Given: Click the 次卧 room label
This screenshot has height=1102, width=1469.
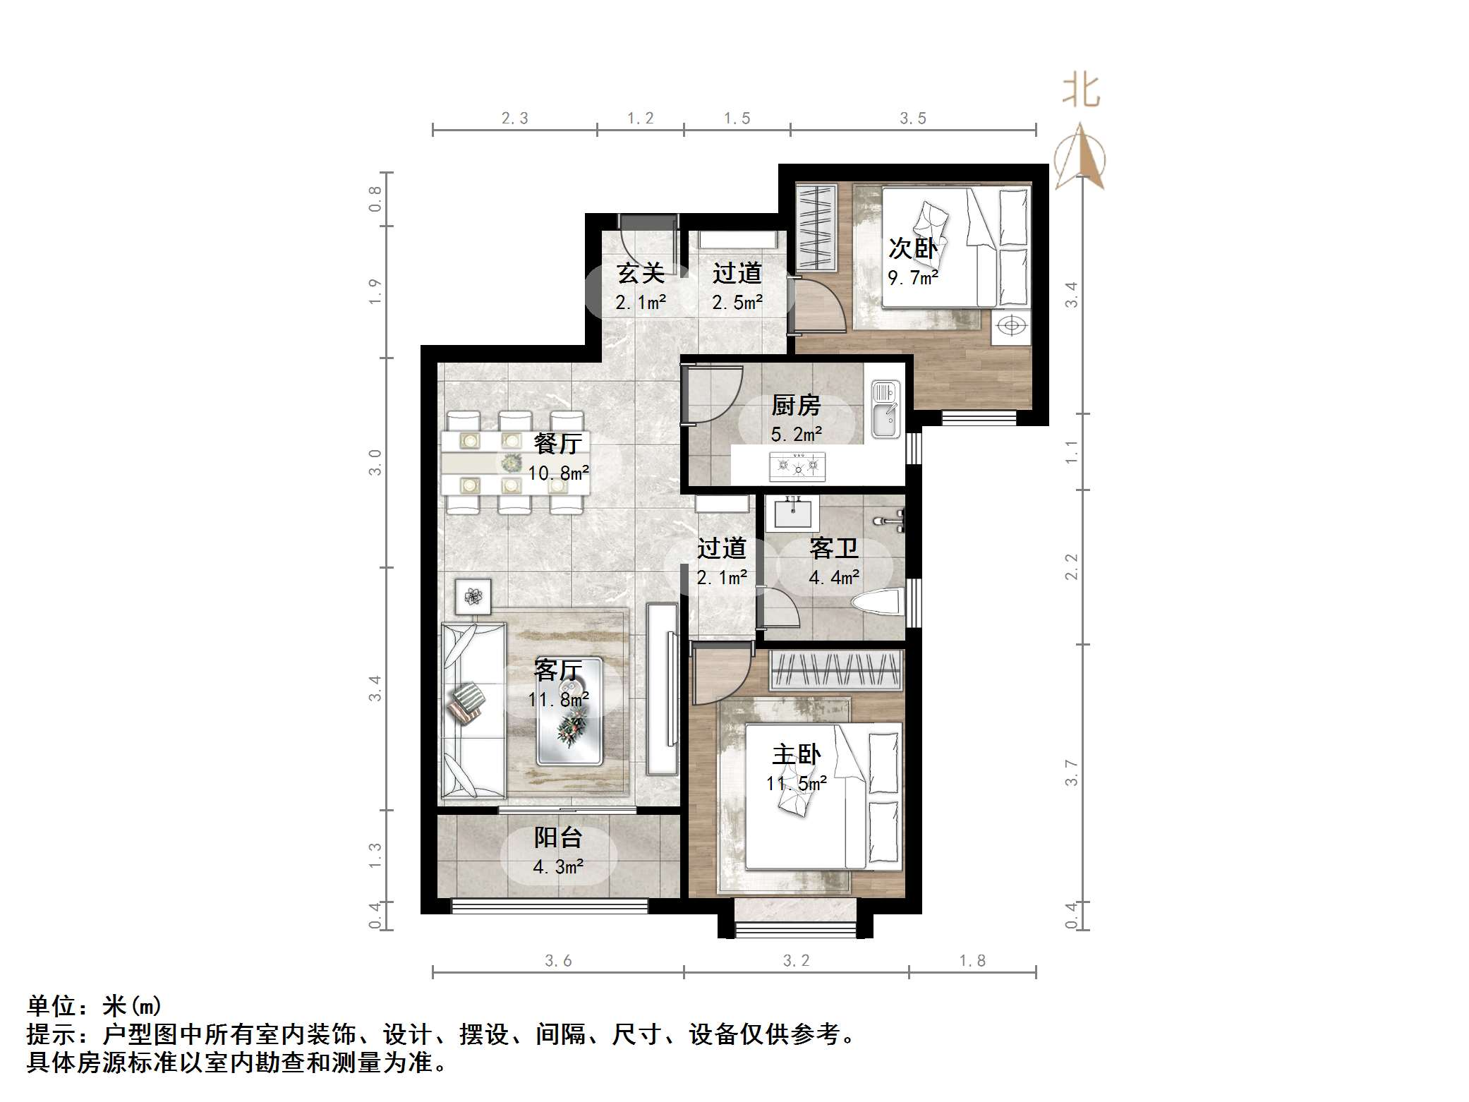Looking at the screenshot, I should tap(912, 248).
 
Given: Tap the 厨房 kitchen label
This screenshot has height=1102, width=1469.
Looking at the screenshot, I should tap(796, 405).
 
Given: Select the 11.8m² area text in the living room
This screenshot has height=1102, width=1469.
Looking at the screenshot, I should tap(558, 700).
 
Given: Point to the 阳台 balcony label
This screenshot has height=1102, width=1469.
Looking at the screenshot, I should tap(557, 837).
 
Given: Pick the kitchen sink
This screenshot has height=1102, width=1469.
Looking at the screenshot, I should tap(885, 410).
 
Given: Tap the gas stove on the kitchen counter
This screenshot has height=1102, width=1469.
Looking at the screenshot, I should tap(797, 466).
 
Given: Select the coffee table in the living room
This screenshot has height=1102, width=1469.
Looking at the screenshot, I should tap(569, 711).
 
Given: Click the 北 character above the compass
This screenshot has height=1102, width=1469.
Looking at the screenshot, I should tap(1081, 91).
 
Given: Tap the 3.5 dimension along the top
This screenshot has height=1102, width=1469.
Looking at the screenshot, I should tap(912, 119).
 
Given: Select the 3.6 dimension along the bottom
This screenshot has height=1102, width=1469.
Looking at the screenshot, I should tap(557, 961).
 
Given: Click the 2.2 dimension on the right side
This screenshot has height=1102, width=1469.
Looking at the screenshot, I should tap(1072, 567).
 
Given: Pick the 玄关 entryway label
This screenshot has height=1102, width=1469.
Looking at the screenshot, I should tap(640, 273).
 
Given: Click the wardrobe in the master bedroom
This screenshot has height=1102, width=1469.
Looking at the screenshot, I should tap(835, 670).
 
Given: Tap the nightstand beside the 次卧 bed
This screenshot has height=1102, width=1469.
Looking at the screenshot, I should tap(1012, 327).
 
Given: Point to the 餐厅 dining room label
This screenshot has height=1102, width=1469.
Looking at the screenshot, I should tap(557, 443).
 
